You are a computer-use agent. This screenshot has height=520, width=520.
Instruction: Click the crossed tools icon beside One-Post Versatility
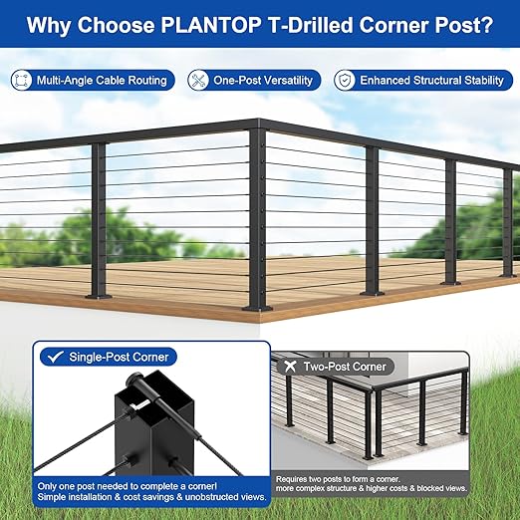click(x=198, y=80)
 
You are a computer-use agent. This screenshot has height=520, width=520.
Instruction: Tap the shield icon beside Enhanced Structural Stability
click(x=345, y=80)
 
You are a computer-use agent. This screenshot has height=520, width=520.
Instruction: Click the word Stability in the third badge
click(x=476, y=80)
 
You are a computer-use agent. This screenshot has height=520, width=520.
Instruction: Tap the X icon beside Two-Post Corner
click(x=288, y=367)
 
